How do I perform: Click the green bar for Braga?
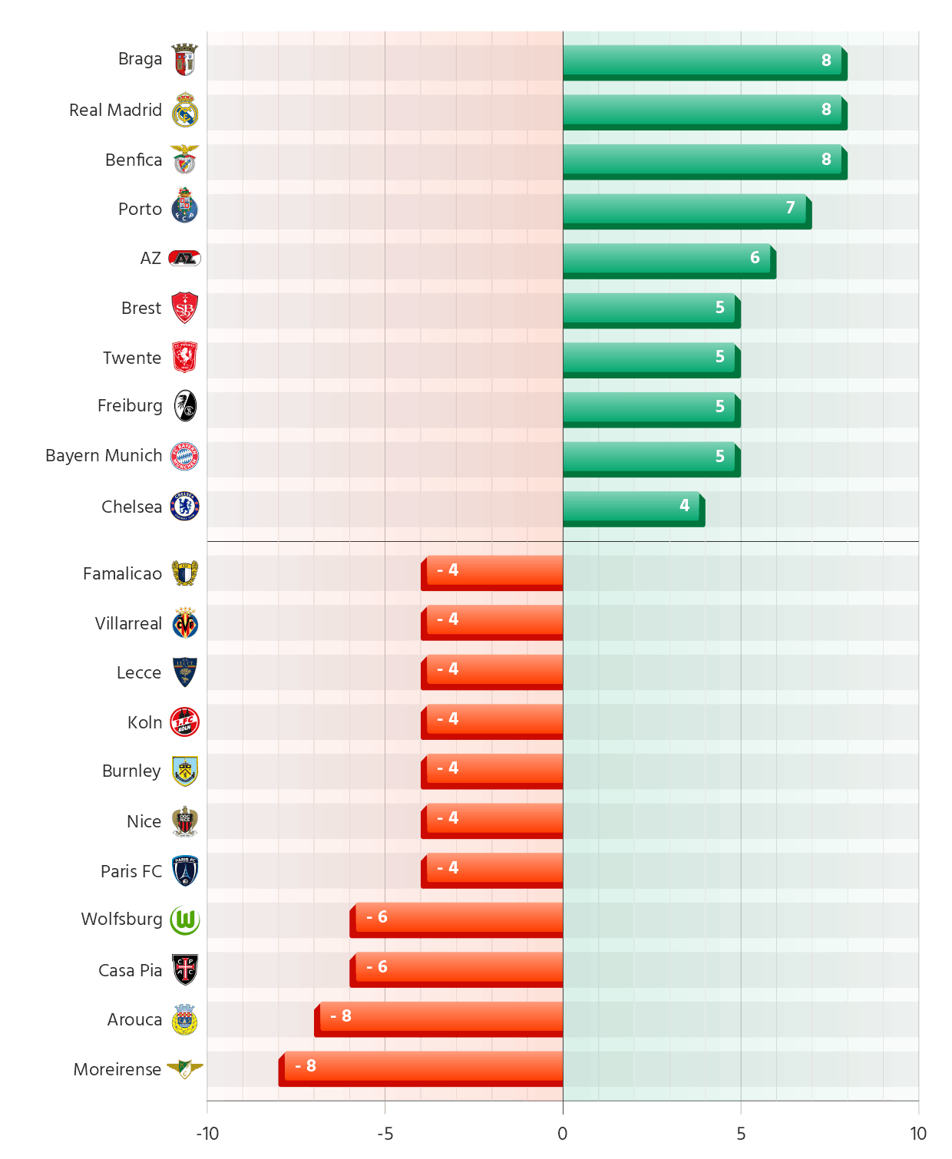pyautogui.click(x=702, y=60)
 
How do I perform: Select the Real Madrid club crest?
pyautogui.click(x=185, y=110)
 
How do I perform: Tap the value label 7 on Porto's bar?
pyautogui.click(x=790, y=208)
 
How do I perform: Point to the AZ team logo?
pyautogui.click(x=185, y=258)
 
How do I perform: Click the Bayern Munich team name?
pyautogui.click(x=104, y=455)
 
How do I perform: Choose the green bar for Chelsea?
pyautogui.click(x=631, y=506)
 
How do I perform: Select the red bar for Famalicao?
pyautogui.click(x=494, y=570)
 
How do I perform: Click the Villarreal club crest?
pyautogui.click(x=185, y=623)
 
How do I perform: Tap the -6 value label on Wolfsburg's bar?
pyautogui.click(x=377, y=916)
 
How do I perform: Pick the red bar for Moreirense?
pyautogui.click(x=423, y=1065)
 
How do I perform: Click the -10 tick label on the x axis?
pyautogui.click(x=207, y=1134)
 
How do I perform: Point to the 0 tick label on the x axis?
pyautogui.click(x=563, y=1134)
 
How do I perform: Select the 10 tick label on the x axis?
pyautogui.click(x=918, y=1134)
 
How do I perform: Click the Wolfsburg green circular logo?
pyautogui.click(x=185, y=920)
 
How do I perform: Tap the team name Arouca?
pyautogui.click(x=134, y=1019)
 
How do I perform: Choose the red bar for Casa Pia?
pyautogui.click(x=459, y=966)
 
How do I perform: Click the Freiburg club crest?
pyautogui.click(x=185, y=406)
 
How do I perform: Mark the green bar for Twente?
pyautogui.click(x=649, y=357)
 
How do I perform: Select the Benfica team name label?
pyautogui.click(x=134, y=160)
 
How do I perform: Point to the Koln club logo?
pyautogui.click(x=185, y=722)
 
